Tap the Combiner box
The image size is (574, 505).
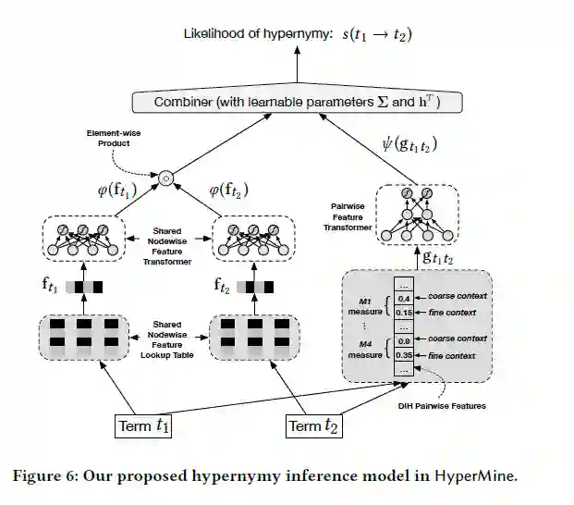(x=298, y=102)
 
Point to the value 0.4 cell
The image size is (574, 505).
(x=404, y=298)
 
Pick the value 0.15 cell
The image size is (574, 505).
(x=404, y=313)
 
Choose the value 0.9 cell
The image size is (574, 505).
(x=404, y=340)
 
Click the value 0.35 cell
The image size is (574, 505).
(x=404, y=354)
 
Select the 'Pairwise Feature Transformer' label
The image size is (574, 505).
(x=351, y=215)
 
